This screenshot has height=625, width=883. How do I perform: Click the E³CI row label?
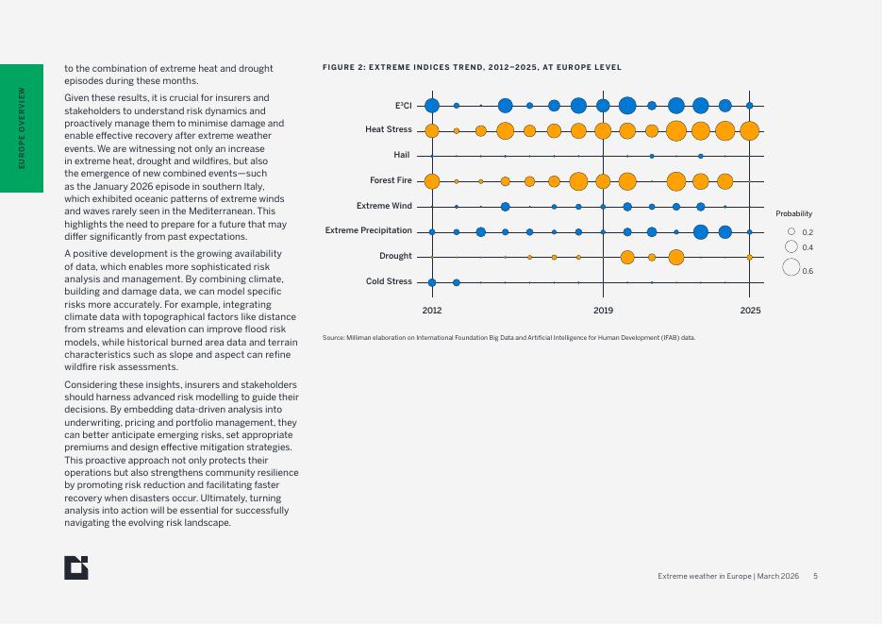coord(403,106)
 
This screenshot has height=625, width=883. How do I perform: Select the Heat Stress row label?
coord(389,130)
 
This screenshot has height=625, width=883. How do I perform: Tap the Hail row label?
coord(402,155)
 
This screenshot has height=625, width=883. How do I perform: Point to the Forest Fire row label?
coord(391,180)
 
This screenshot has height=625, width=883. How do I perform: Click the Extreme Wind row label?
coord(384,206)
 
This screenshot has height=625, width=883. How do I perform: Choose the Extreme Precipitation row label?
coord(369,230)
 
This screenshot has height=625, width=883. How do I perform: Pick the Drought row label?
coord(395,256)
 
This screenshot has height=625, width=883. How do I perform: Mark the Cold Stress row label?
coord(389,281)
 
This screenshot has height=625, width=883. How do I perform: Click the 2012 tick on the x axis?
coord(432,310)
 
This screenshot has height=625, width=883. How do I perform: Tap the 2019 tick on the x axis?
coord(604,310)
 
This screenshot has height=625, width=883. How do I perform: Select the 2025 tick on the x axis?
coord(750,310)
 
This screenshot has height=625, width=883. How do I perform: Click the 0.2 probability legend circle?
coord(791,231)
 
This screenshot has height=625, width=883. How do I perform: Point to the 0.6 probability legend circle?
coord(791,267)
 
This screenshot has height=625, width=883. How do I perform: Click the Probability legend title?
coord(793,214)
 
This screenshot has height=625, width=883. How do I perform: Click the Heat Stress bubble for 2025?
coord(749,131)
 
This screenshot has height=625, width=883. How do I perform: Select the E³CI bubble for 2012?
coord(432,106)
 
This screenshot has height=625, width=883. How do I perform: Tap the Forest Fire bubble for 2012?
coord(432,181)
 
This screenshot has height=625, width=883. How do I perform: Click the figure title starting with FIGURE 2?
coord(472,67)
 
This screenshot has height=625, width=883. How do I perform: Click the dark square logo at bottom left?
coord(76,567)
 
